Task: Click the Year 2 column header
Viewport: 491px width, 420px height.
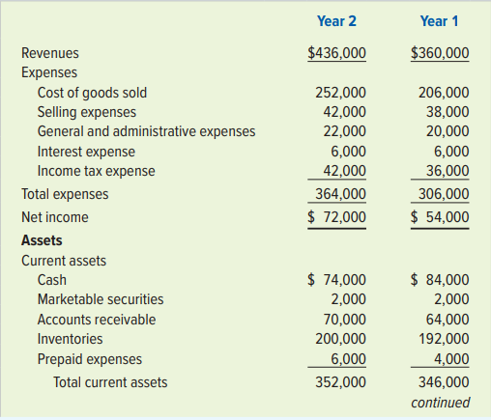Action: coord(336,21)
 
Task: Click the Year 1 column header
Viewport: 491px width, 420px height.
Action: coord(439,21)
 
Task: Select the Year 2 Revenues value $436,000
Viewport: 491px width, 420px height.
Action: coord(336,53)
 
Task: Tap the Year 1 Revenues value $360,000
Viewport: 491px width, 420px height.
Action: coord(440,53)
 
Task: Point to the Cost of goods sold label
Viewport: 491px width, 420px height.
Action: coord(92,93)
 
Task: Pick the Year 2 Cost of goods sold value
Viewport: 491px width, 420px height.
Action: coord(340,93)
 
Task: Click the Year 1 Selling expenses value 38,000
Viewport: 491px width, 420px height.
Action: coord(448,112)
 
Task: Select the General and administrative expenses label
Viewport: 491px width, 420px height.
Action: coord(146,131)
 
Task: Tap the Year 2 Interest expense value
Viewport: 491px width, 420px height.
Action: coord(349,152)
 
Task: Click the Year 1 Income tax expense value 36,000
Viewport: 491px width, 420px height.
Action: coord(448,171)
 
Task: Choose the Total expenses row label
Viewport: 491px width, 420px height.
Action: coord(65,194)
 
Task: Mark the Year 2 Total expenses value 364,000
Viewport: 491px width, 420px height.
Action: coord(340,194)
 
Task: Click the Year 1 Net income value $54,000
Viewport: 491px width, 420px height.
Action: coord(440,217)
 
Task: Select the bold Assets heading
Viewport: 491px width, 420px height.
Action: coord(42,240)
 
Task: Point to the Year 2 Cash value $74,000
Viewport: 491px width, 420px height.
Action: coord(336,279)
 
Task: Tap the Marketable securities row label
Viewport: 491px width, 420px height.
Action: coord(101,299)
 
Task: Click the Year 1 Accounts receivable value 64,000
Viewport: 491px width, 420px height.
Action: coord(448,320)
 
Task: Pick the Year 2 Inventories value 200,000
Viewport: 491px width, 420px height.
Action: coord(340,339)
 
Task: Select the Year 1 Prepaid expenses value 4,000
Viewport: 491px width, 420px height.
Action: coord(451,359)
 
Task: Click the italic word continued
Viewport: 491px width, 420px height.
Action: coord(441,403)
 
